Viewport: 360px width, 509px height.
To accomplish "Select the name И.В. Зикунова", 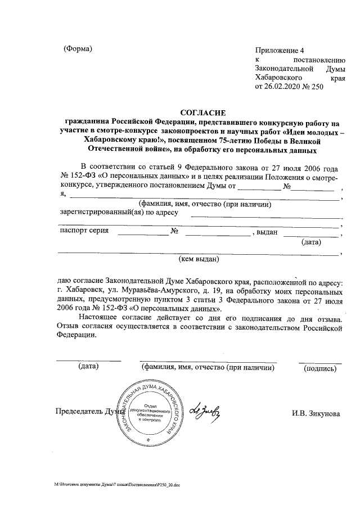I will [x=316, y=413].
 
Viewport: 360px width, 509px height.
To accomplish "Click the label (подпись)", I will [x=319, y=369].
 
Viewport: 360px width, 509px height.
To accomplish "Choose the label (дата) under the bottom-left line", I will [x=88, y=368].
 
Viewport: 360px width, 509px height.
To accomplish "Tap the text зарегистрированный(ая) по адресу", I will [x=119, y=212].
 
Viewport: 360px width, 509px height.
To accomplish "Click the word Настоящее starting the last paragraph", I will [x=101, y=319].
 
